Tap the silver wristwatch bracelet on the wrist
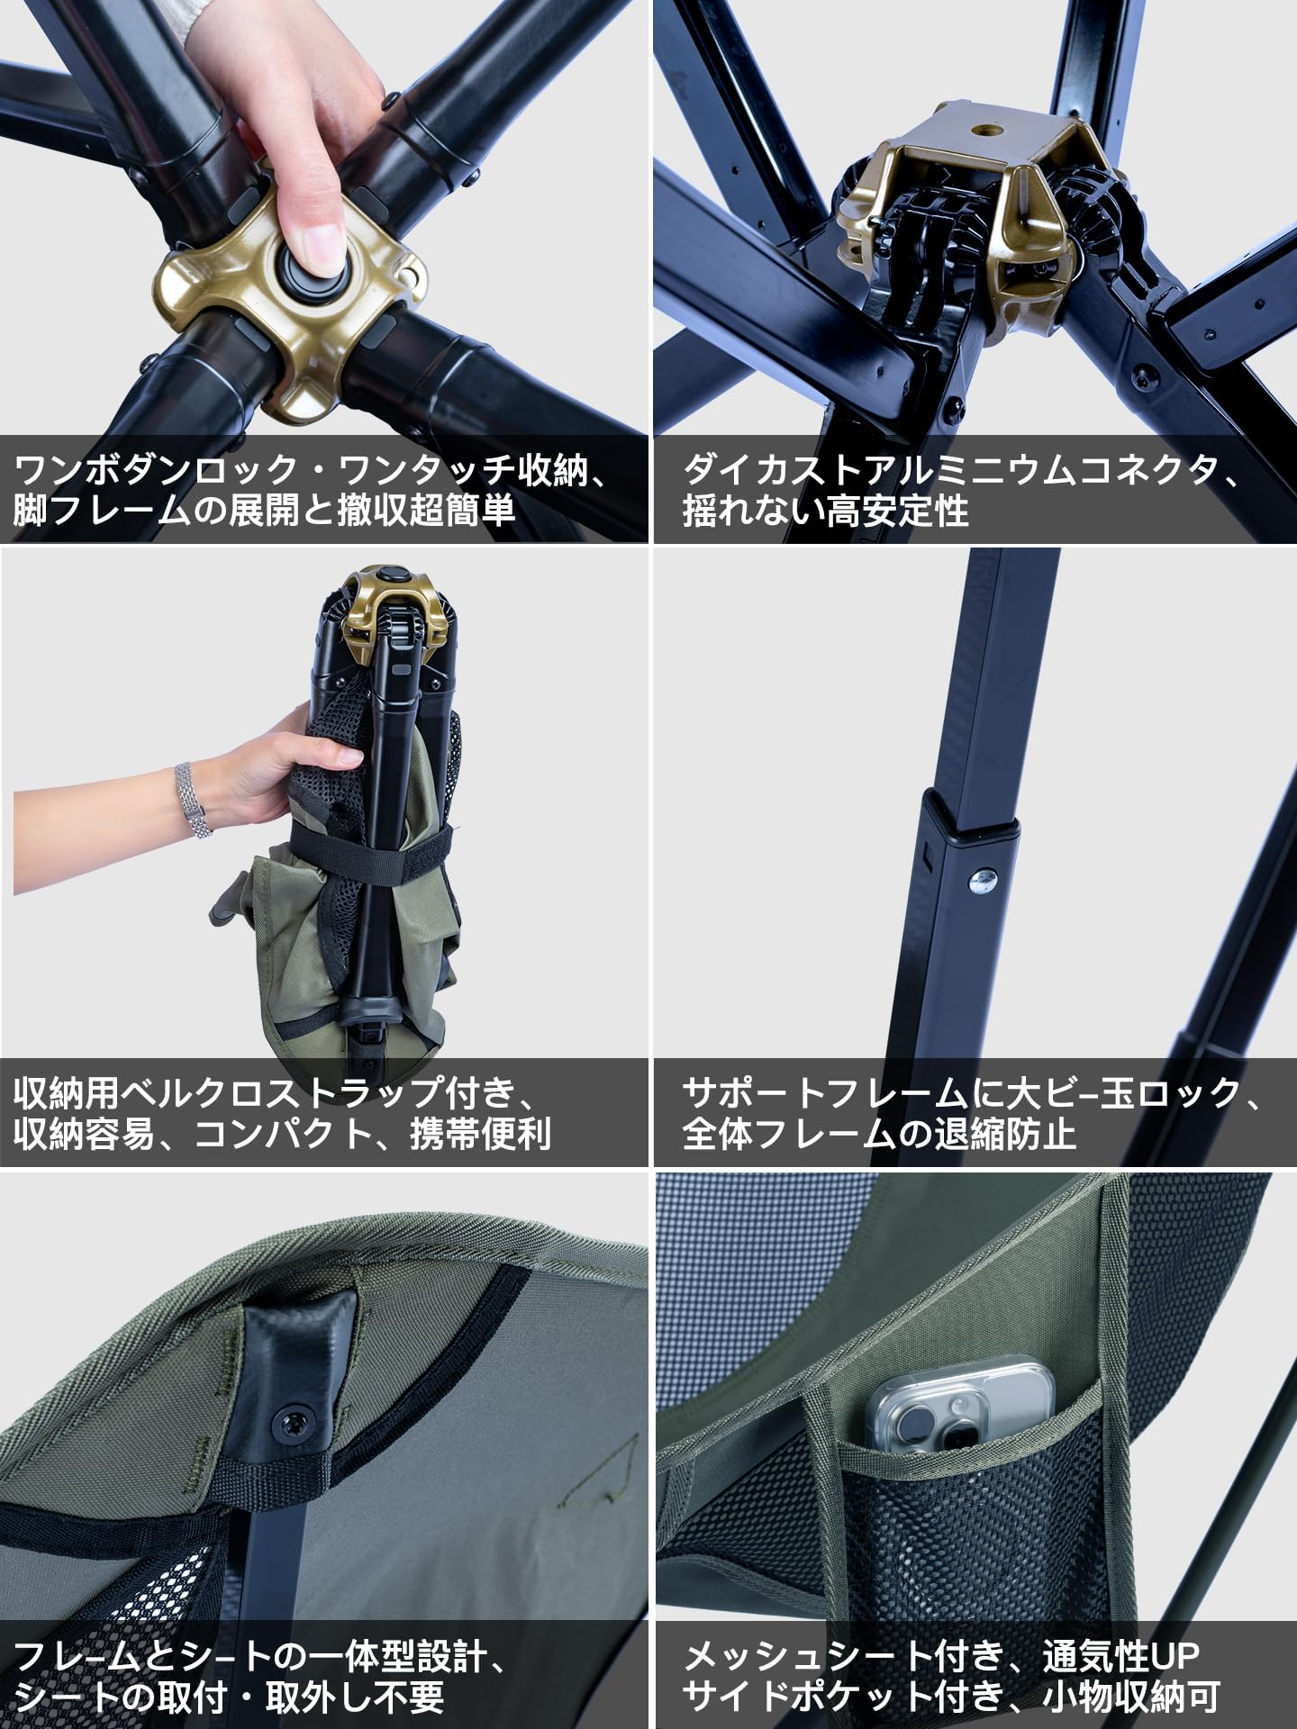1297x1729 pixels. click(192, 800)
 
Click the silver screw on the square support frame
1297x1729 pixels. click(985, 876)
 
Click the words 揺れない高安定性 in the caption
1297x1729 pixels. click(825, 511)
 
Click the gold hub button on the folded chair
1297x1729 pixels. click(393, 575)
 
